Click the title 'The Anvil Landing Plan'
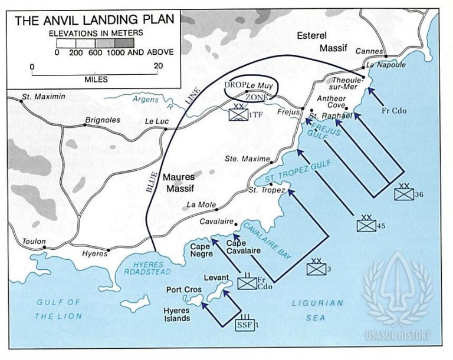click(95, 21)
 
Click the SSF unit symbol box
click(244, 324)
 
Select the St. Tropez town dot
click(271, 184)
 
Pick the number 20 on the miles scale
click(157, 66)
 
